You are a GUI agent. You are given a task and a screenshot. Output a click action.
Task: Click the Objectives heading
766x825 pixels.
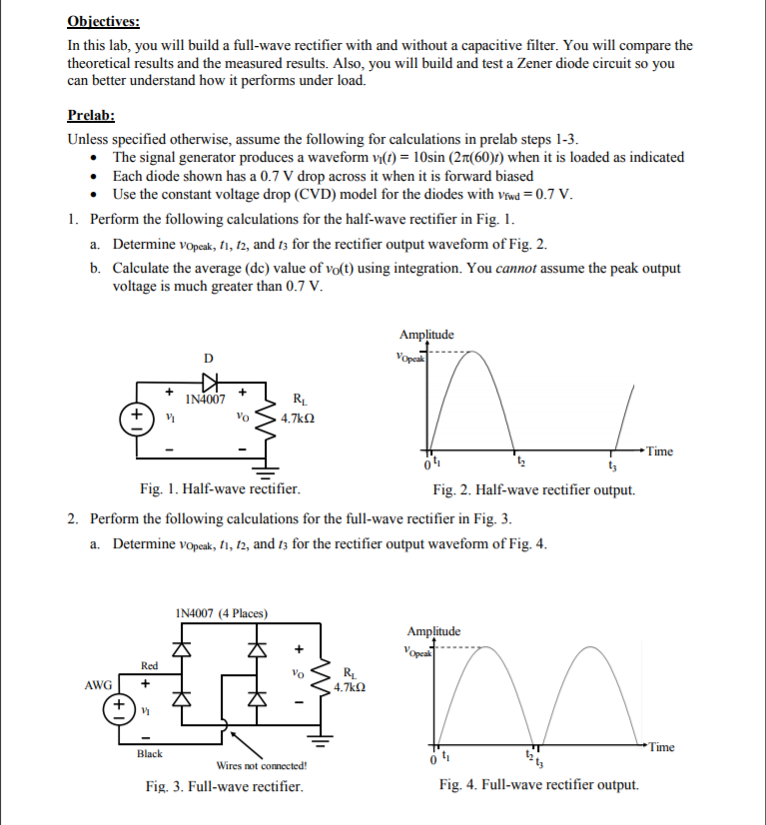[104, 21]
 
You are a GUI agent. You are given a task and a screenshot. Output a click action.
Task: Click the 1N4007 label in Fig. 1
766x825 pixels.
[204, 400]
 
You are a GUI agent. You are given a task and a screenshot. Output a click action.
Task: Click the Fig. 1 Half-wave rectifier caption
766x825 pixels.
[220, 489]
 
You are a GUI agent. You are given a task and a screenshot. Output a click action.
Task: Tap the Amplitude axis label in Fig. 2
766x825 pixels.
[426, 336]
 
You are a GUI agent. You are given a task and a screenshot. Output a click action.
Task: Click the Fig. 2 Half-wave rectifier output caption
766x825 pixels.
[533, 489]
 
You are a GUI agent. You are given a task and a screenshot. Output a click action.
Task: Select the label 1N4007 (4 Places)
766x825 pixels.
[221, 612]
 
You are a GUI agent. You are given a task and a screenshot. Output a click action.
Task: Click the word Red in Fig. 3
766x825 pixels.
[149, 665]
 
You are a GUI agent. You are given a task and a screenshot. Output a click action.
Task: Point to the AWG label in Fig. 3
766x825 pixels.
[98, 686]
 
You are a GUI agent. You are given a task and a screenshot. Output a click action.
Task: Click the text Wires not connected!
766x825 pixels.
[262, 766]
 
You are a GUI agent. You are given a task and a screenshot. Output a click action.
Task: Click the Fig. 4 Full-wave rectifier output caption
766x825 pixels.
[538, 786]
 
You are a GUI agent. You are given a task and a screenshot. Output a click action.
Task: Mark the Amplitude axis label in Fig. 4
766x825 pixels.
[434, 631]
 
